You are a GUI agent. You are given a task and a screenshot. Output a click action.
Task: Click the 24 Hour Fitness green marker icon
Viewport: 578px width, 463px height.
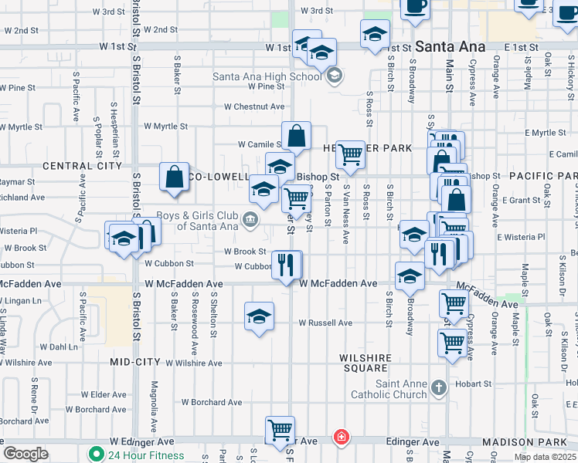tap(97, 455)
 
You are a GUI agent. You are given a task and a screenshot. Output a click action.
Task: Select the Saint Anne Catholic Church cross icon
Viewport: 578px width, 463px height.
tap(438, 387)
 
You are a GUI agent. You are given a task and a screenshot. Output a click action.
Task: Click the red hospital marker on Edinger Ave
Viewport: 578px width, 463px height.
tap(340, 438)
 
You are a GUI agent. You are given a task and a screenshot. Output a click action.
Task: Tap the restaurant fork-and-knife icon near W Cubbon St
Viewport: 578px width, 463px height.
tap(286, 264)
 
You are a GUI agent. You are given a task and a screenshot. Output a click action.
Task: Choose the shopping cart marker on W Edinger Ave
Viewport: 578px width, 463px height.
tap(280, 431)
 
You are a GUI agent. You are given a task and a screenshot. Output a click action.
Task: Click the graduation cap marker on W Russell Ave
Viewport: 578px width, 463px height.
tap(260, 316)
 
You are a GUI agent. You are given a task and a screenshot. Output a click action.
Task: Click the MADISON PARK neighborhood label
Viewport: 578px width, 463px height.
tap(530, 441)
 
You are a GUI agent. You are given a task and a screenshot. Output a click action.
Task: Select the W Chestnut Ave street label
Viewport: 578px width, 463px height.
tap(254, 106)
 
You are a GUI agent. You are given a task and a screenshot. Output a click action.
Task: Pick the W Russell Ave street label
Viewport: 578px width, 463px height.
tap(325, 323)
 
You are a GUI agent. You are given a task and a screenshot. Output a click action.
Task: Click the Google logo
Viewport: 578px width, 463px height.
tap(25, 454)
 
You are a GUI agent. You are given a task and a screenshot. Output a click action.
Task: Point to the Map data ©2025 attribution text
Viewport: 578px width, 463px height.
tap(545, 457)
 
